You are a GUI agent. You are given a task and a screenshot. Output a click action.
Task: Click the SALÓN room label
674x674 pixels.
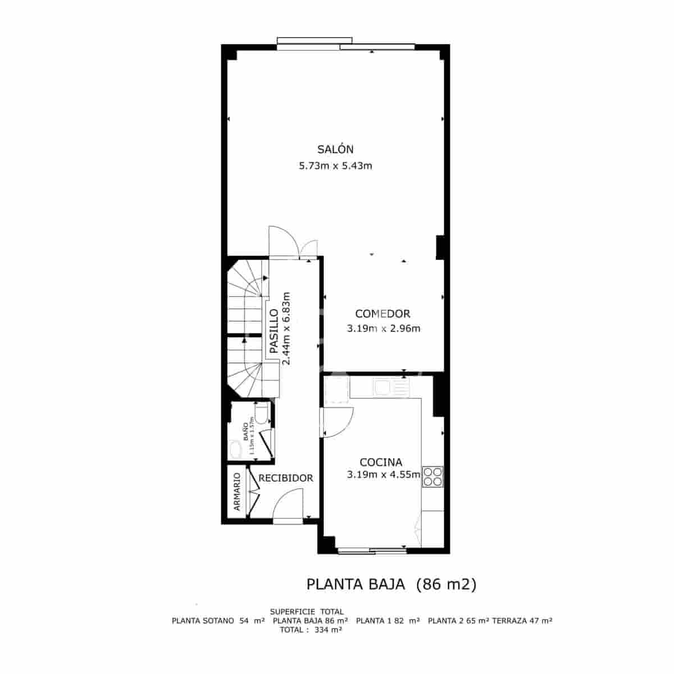click(x=335, y=149)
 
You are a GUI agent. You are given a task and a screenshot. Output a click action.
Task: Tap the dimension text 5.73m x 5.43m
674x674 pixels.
click(x=336, y=166)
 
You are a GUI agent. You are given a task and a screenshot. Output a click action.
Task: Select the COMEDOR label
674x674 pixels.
click(x=382, y=314)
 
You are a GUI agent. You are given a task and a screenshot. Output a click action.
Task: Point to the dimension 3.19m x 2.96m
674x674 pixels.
click(x=383, y=329)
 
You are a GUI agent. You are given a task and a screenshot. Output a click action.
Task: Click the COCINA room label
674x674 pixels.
click(x=381, y=462)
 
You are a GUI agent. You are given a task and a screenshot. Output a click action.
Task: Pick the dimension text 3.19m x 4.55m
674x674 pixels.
click(x=384, y=475)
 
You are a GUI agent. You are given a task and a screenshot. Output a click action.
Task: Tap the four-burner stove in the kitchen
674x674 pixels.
click(x=433, y=476)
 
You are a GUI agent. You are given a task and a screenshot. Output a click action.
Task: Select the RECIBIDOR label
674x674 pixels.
click(x=285, y=478)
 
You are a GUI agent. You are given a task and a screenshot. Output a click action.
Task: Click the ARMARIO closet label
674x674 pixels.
click(x=236, y=491)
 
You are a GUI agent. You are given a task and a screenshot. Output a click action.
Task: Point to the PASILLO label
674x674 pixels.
click(x=274, y=331)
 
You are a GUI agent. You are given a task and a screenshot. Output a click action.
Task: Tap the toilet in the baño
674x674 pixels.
click(x=260, y=413)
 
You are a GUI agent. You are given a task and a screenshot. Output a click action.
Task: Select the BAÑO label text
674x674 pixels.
click(x=245, y=431)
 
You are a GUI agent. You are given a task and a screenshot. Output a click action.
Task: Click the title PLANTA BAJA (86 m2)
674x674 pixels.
click(x=391, y=585)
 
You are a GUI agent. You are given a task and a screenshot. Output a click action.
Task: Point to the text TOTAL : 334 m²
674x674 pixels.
click(x=311, y=630)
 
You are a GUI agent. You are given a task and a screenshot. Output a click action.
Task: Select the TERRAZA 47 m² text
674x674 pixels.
click(x=522, y=621)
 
